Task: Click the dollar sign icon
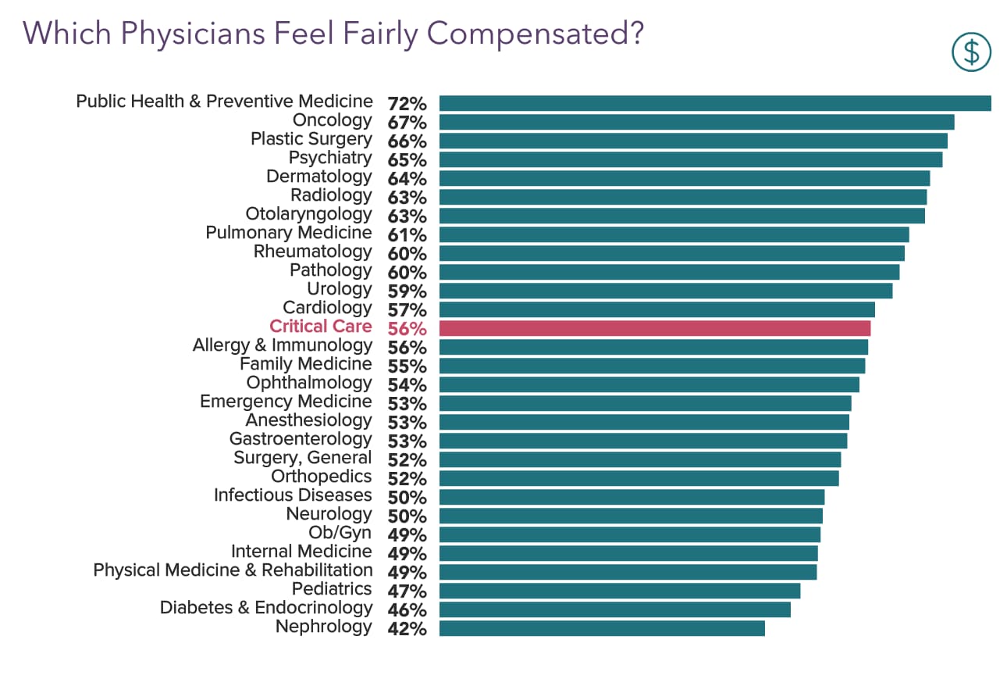point(971,52)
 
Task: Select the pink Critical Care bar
point(654,328)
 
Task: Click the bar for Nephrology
point(601,628)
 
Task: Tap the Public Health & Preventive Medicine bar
point(714,103)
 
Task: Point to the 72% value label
point(407,104)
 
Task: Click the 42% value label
point(407,629)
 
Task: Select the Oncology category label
point(332,120)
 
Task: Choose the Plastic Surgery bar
point(692,141)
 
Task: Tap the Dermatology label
point(318,177)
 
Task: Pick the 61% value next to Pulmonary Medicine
point(407,235)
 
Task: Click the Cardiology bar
point(657,309)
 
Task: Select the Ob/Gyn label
point(340,533)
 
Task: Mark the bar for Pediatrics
point(619,591)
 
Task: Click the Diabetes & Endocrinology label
point(265,608)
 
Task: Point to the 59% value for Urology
point(407,291)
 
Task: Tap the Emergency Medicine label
point(286,402)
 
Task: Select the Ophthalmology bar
point(649,384)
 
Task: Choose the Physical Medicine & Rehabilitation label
point(233,570)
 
